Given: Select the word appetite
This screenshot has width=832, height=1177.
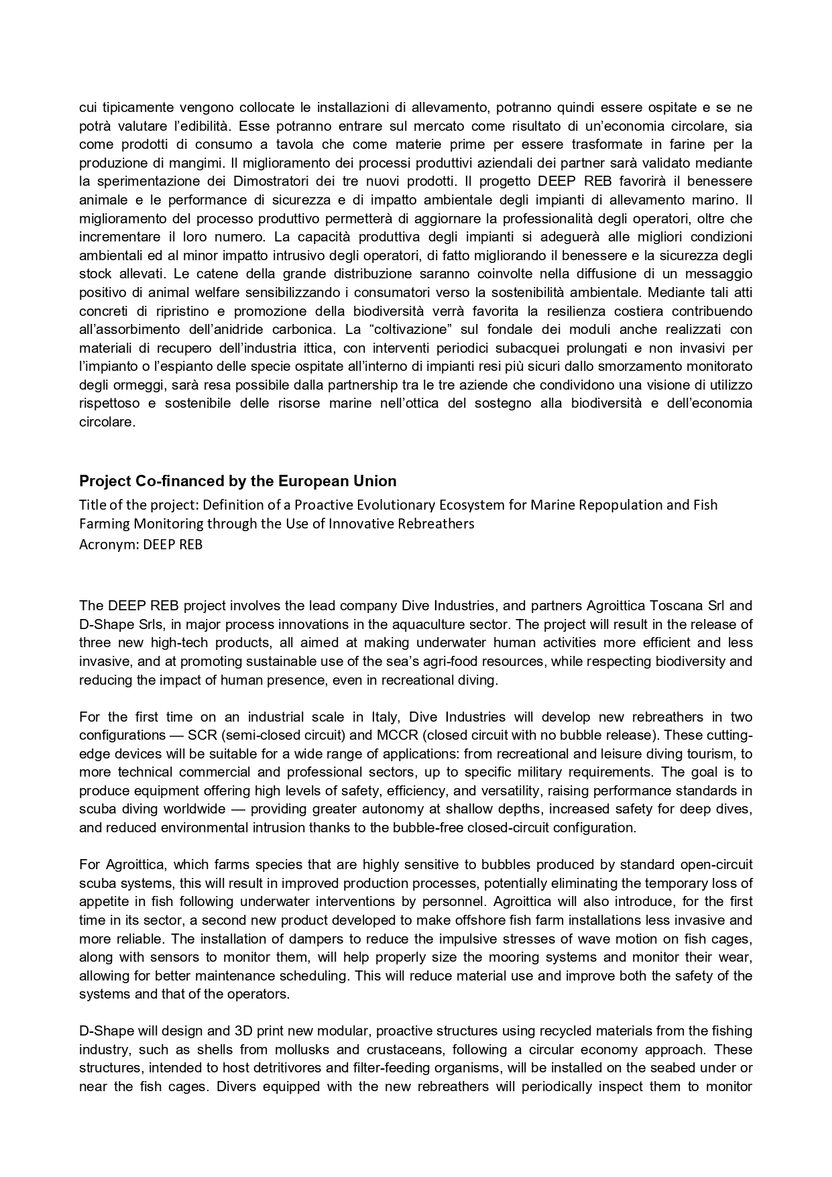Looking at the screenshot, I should point(102,901).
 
